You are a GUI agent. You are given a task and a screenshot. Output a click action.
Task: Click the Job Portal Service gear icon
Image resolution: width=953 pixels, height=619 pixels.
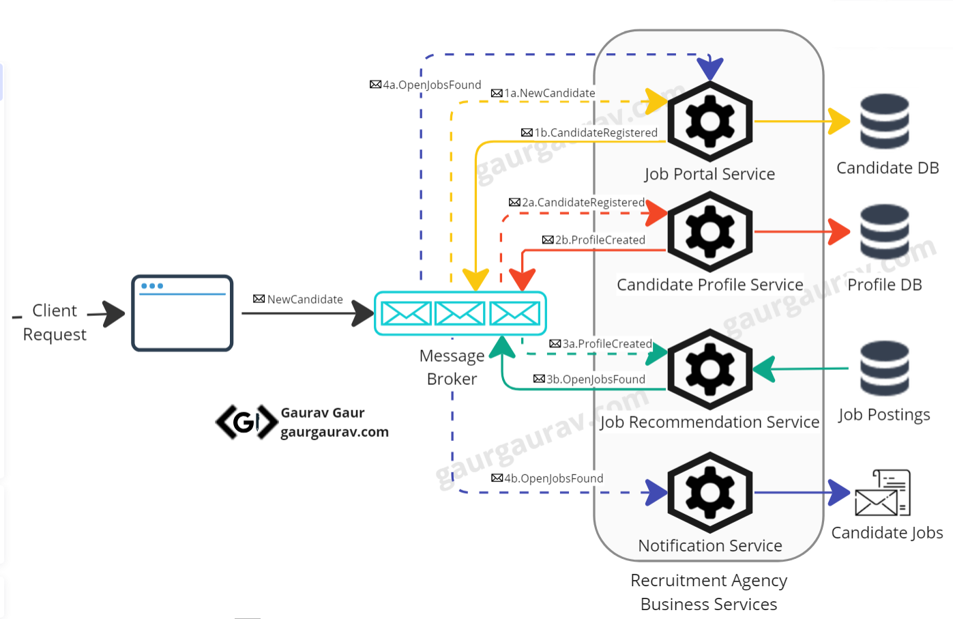709,121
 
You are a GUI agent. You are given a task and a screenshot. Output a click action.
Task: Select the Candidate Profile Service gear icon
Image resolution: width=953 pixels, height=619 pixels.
709,232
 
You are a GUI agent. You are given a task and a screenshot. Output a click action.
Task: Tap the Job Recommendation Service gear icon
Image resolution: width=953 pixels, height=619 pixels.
709,369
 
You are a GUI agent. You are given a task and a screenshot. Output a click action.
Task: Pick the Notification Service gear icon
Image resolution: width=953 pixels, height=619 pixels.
709,492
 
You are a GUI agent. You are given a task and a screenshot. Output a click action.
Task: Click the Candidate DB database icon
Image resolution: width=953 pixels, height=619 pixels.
884,121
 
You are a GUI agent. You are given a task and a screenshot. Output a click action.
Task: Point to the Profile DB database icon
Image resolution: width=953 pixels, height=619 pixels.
884,232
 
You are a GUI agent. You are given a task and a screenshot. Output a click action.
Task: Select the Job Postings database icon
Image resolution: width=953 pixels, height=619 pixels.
884,369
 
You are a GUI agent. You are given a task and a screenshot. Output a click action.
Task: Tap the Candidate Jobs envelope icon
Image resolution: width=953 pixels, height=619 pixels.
882,493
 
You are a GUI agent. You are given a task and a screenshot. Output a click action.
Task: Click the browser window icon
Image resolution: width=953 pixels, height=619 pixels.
182,313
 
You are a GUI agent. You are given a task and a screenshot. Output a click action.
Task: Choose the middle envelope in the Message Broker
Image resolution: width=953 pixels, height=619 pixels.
460,313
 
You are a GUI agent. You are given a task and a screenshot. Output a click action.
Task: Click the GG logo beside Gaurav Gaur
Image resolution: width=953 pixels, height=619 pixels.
246,422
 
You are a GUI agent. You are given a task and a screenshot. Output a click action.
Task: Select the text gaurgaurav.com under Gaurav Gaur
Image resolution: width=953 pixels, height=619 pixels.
334,432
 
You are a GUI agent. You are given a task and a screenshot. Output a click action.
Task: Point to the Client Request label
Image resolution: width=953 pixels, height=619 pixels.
55,322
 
